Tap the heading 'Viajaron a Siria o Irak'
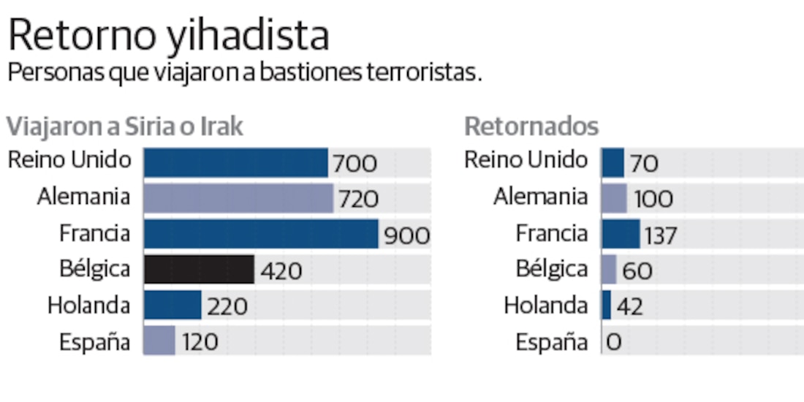(124, 126)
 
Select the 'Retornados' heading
(531, 126)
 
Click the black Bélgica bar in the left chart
(199, 270)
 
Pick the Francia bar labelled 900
(261, 234)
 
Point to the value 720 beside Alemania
(358, 199)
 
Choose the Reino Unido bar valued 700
(235, 162)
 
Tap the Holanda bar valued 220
(172, 306)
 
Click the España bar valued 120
(159, 341)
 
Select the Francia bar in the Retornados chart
(621, 234)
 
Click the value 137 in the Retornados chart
(661, 235)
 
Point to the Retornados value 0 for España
(613, 342)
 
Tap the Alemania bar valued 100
(615, 198)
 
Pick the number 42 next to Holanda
(629, 306)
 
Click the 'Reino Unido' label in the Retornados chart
(526, 159)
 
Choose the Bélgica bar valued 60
(610, 270)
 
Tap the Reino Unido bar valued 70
(613, 162)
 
